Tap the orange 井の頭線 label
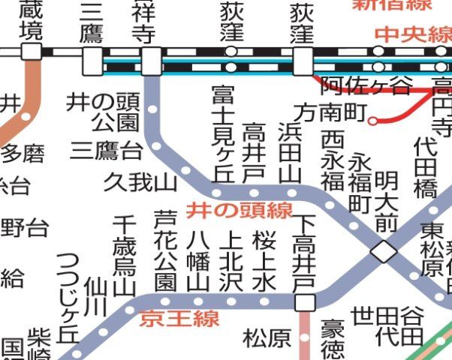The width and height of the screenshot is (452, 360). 240,211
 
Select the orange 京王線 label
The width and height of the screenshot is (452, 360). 179,318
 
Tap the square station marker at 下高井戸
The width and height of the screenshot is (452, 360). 304,301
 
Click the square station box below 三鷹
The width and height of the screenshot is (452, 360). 92,61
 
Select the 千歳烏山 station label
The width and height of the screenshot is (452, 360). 123,255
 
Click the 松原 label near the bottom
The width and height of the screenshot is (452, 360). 267,338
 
